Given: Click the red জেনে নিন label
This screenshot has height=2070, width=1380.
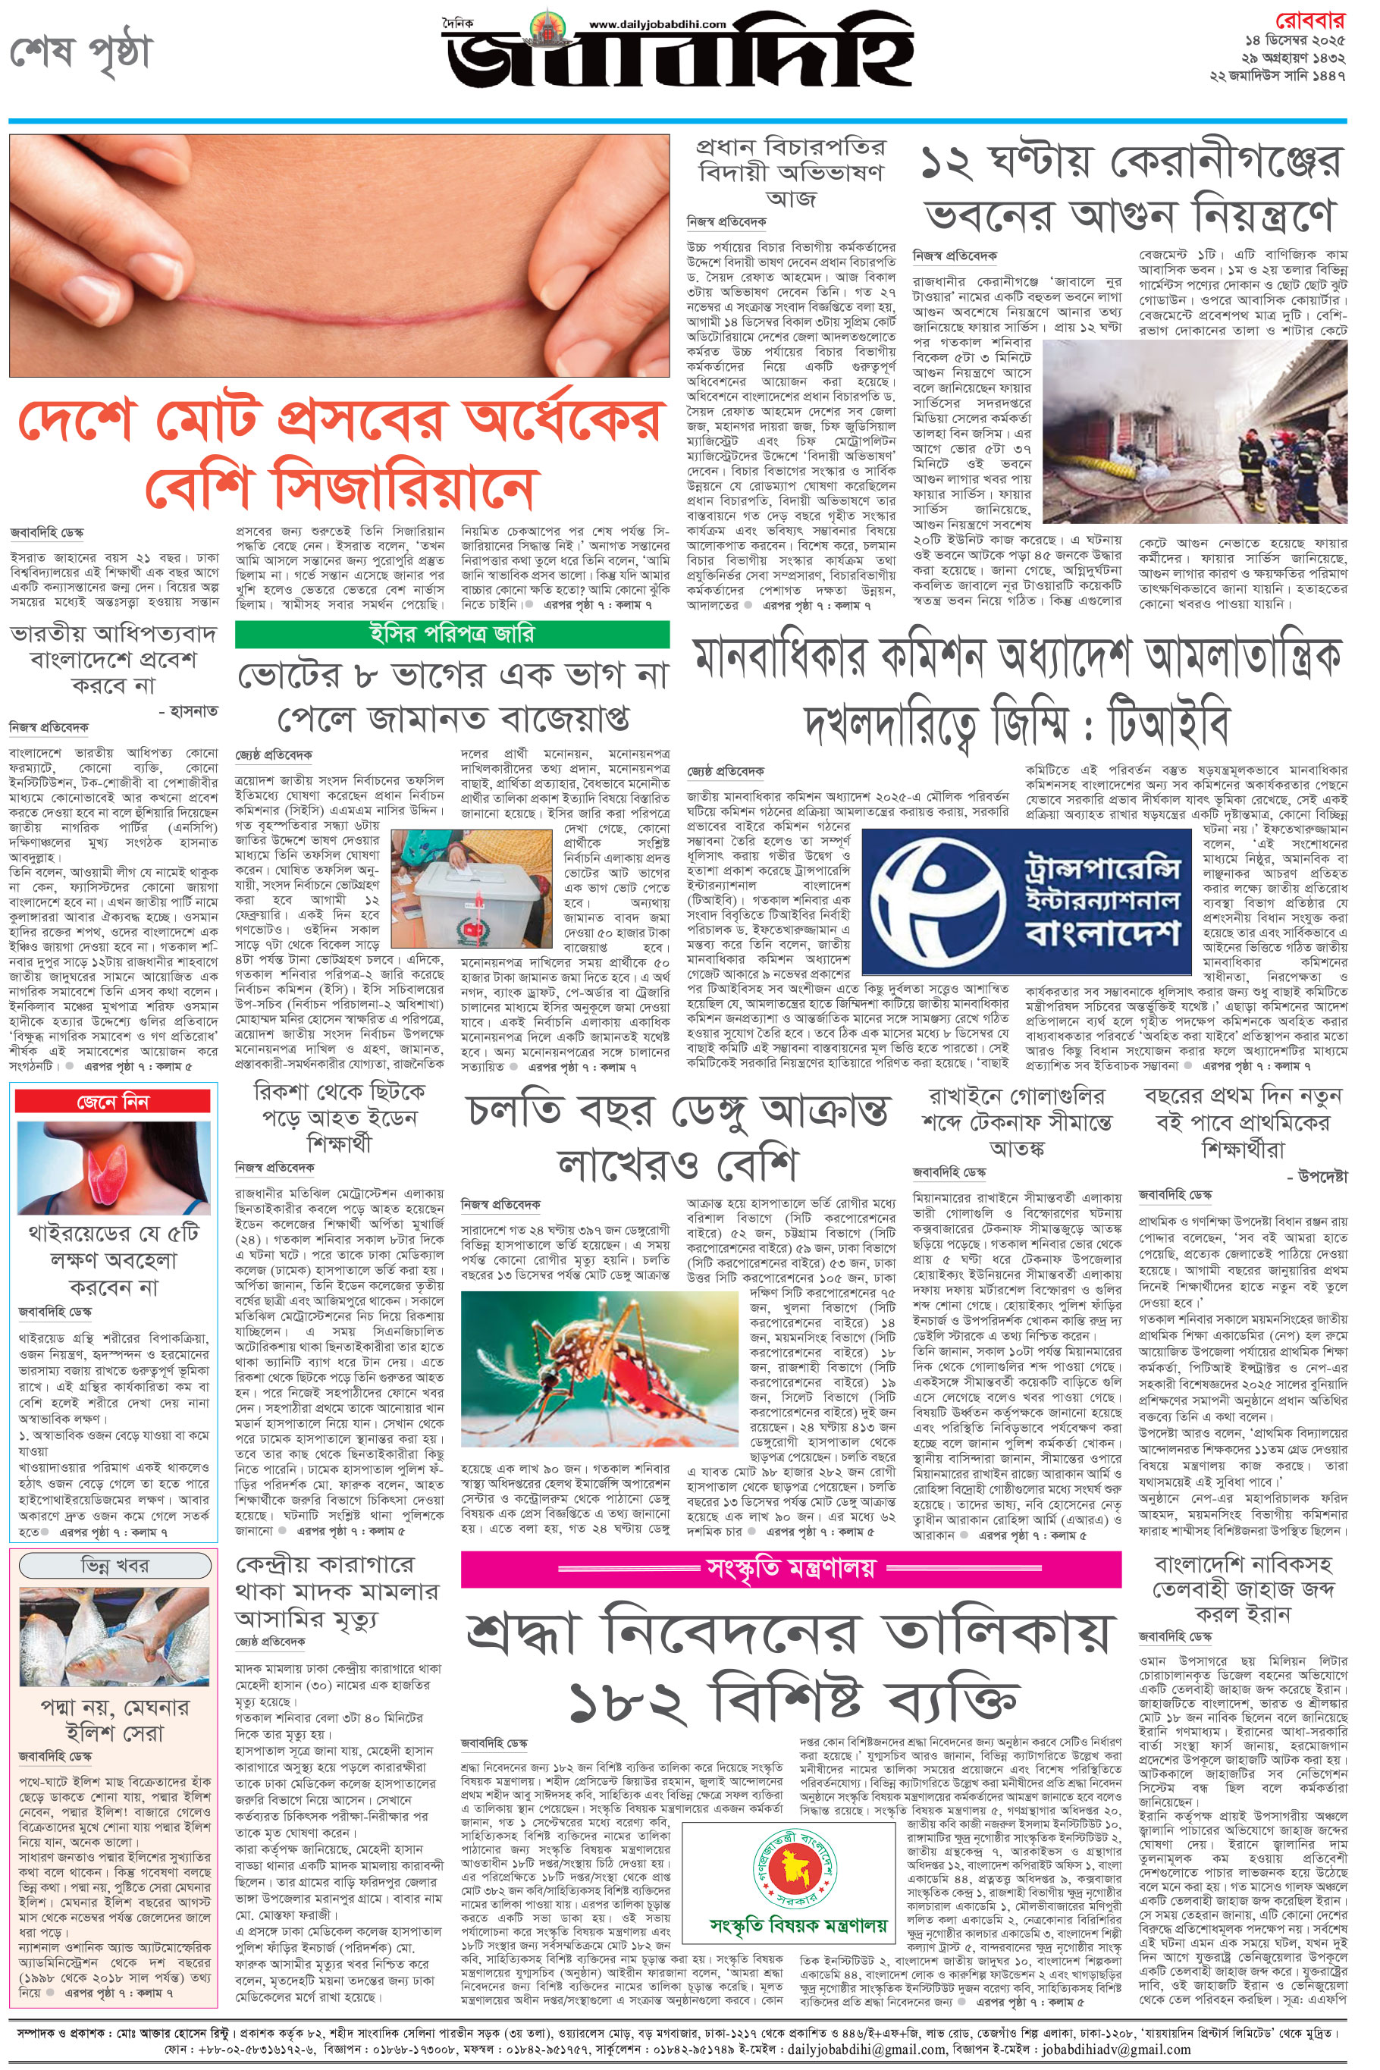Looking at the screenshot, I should pyautogui.click(x=114, y=1102).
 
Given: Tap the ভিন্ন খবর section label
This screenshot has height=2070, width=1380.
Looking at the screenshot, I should pyautogui.click(x=115, y=1566).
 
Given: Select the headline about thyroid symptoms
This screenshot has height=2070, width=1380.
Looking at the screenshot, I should pyautogui.click(x=114, y=1259).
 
